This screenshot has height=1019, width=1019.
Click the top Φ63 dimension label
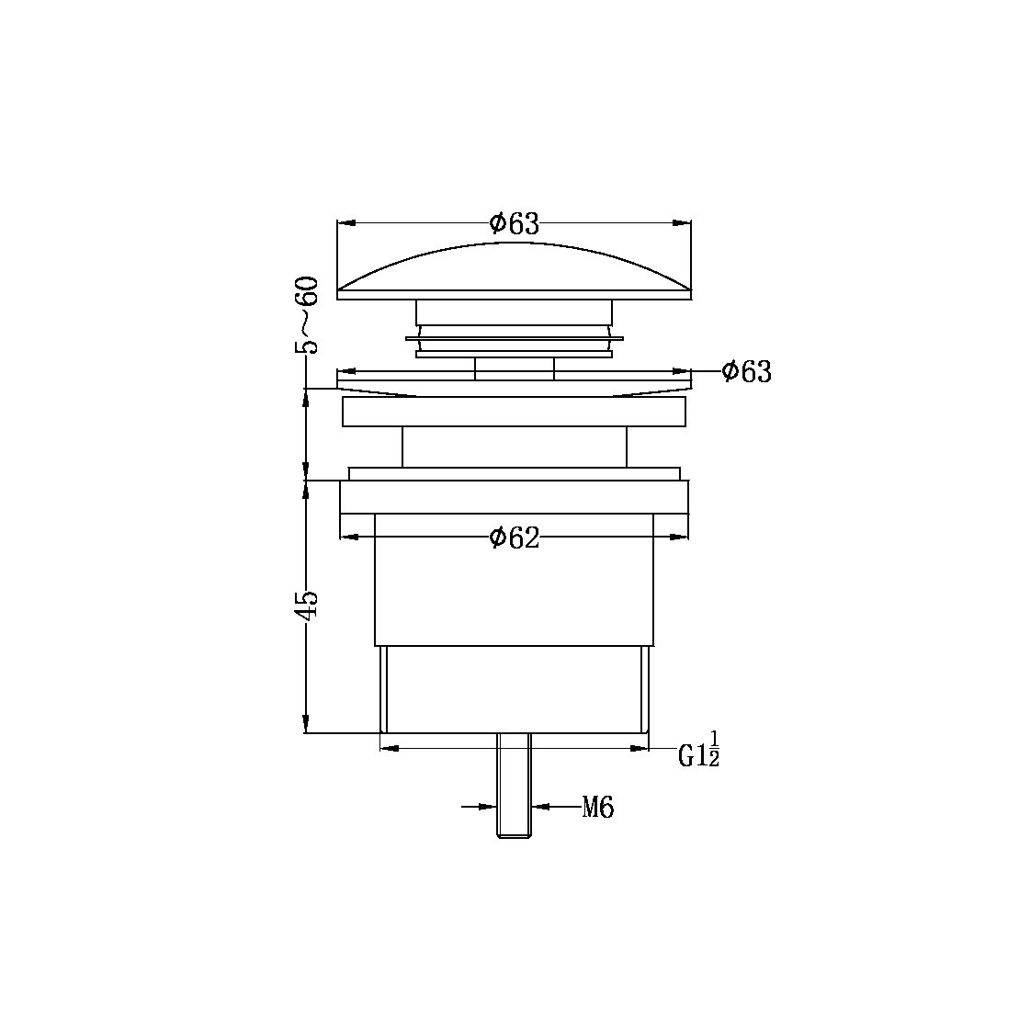pos(514,222)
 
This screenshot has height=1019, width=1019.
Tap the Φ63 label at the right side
pos(746,371)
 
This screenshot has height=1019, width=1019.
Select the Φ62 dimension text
pos(514,538)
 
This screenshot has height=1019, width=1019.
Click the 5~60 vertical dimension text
pos(308,314)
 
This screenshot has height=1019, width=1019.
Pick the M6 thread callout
pos(597,809)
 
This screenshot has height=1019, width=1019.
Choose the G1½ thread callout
pos(698,753)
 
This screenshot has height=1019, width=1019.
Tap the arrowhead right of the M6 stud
pos(540,808)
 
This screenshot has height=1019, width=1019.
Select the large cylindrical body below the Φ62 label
pos(514,597)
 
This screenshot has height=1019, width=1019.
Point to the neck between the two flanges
pos(514,447)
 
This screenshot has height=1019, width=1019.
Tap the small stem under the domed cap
pos(514,368)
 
